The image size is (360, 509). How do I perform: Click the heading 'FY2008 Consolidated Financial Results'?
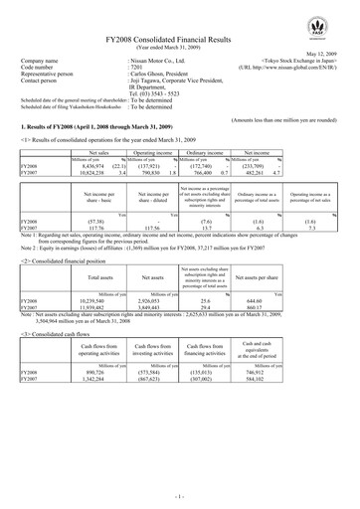pyautogui.click(x=180, y=33)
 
